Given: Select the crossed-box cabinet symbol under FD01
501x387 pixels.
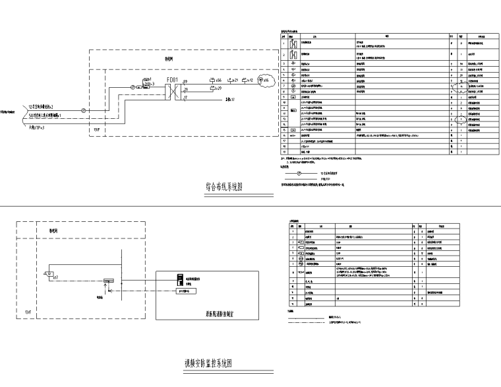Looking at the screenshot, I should (x=173, y=90).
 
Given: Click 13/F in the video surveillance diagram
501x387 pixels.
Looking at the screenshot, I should (x=27, y=311).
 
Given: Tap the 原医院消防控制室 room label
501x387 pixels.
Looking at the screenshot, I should (x=218, y=316).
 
